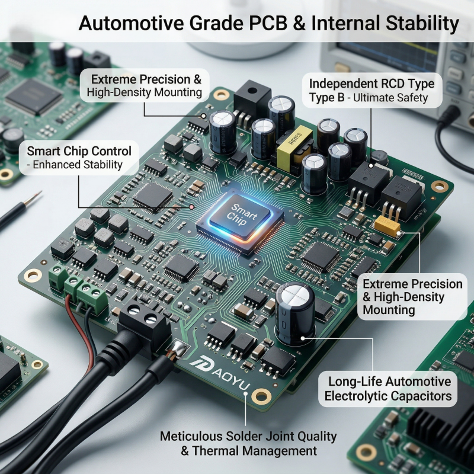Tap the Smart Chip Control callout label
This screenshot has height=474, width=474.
79,157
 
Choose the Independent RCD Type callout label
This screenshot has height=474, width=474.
371,89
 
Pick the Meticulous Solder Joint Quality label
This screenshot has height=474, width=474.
248,443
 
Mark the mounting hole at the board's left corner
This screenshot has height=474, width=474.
33,275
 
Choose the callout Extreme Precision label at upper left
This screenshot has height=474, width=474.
146,85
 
